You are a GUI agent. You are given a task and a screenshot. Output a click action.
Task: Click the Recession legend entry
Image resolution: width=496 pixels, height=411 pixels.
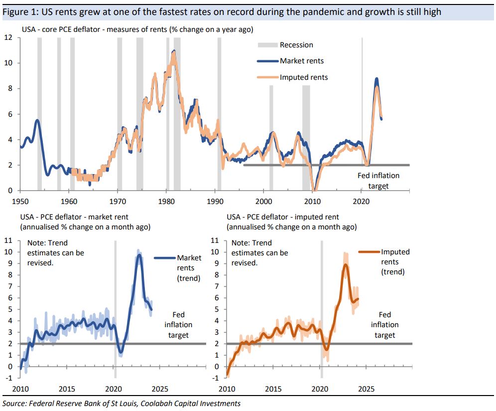coord(296,45)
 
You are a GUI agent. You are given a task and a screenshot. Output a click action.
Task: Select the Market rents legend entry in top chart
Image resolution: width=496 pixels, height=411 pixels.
coord(301,61)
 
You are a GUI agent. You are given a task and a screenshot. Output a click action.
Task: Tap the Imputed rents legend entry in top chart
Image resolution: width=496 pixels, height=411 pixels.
coord(304,77)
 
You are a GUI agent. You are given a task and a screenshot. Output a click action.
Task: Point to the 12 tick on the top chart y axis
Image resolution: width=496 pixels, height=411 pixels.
coord(9,37)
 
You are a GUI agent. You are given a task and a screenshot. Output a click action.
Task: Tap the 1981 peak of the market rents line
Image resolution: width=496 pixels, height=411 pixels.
coord(173,51)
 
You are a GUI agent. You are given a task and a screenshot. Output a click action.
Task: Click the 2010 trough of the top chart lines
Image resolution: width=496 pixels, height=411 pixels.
coord(314,190)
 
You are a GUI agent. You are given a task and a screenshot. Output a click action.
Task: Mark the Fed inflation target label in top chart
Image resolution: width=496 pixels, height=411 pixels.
coord(378,181)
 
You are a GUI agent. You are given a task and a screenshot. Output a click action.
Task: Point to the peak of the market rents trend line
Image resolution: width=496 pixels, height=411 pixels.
coord(139,255)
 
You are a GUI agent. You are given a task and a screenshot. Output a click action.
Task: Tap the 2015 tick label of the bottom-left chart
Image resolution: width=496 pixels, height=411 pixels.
coord(67,389)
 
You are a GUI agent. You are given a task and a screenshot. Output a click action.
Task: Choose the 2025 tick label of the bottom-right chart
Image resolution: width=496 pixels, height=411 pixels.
coord(366,389)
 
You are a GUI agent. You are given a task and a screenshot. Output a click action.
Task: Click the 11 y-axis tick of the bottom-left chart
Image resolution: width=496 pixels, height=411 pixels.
coord(8,240)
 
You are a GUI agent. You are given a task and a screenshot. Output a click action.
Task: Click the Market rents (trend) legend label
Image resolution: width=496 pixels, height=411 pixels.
coord(189,268)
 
